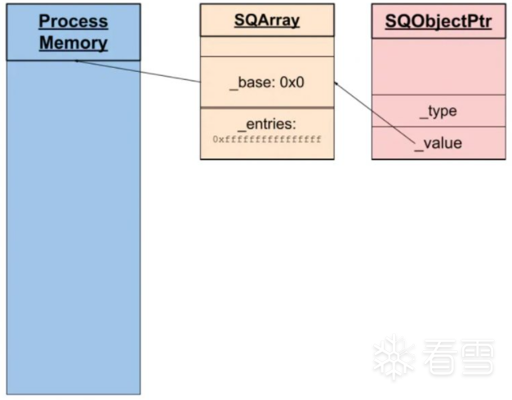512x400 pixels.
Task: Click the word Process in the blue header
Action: coord(73,21)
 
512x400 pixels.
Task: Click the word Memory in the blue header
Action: coord(73,42)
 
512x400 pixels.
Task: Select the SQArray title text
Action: coord(267,20)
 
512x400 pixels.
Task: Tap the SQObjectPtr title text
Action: coord(439,20)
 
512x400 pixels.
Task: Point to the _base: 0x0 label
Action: coord(266,82)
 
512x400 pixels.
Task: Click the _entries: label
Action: coord(267,124)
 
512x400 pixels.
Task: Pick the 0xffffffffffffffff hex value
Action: coord(267,140)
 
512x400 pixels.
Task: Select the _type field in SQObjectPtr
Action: coord(439,111)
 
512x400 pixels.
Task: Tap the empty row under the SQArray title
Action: coord(267,47)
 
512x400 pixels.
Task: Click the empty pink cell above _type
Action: coord(439,66)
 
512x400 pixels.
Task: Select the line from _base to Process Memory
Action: coord(139,71)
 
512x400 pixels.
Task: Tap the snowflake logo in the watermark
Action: coord(393,358)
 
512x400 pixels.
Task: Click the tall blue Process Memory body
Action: coord(73,229)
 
